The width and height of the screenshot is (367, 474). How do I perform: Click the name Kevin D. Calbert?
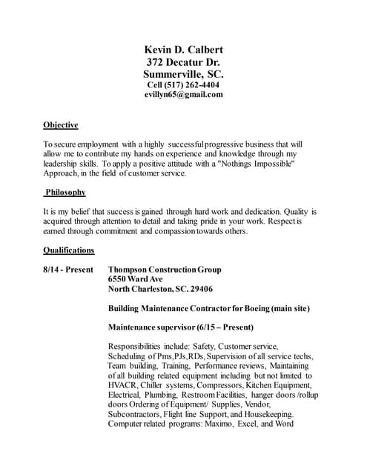click(183, 50)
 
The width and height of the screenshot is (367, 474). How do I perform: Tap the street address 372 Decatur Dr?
click(183, 62)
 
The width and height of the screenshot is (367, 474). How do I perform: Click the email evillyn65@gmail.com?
click(183, 94)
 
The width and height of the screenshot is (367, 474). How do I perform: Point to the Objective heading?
click(61, 124)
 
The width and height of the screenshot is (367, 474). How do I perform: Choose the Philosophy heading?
click(65, 193)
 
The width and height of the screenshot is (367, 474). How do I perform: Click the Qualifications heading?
click(69, 250)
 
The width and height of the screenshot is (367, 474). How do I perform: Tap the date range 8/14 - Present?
click(68, 270)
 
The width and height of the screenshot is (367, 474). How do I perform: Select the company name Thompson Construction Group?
click(165, 270)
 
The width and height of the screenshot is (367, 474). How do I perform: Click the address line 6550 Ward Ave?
click(136, 279)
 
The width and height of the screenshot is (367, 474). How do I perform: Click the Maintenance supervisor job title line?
click(181, 327)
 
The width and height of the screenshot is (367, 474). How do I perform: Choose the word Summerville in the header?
click(173, 74)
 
